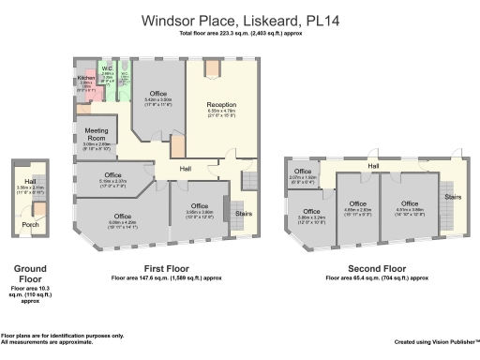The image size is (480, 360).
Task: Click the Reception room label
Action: [221, 105]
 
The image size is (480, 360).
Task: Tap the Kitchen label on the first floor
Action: [85, 78]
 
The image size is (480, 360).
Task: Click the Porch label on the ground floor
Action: [30, 225]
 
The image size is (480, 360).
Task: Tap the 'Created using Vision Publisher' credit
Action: [435, 341]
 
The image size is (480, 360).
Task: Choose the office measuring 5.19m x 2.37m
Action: [112, 175]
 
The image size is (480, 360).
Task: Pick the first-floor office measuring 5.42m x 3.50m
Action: [157, 94]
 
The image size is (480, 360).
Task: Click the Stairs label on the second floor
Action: [452, 197]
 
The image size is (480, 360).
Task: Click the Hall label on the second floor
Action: [373, 166]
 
